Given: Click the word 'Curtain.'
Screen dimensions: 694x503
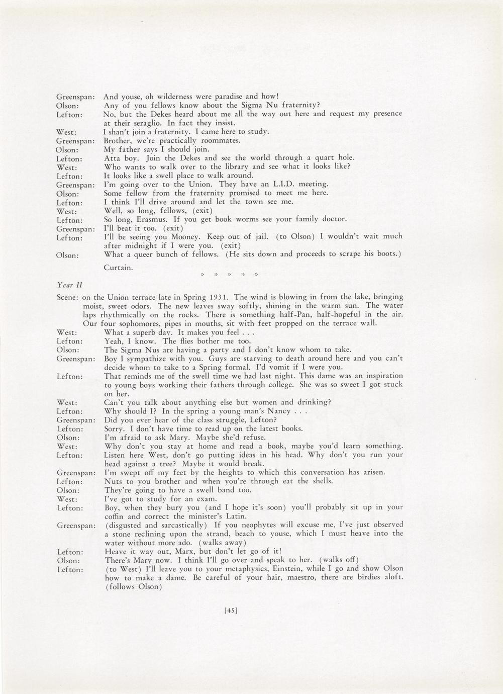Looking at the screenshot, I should pyautogui.click(x=119, y=268).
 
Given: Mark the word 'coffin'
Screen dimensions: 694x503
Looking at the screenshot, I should pyautogui.click(x=115, y=516).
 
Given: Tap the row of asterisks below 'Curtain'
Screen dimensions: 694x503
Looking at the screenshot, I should pyautogui.click(x=228, y=275).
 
